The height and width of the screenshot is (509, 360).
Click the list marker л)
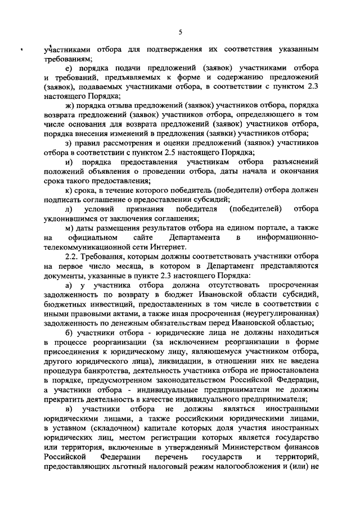pyautogui.click(x=69, y=209)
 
